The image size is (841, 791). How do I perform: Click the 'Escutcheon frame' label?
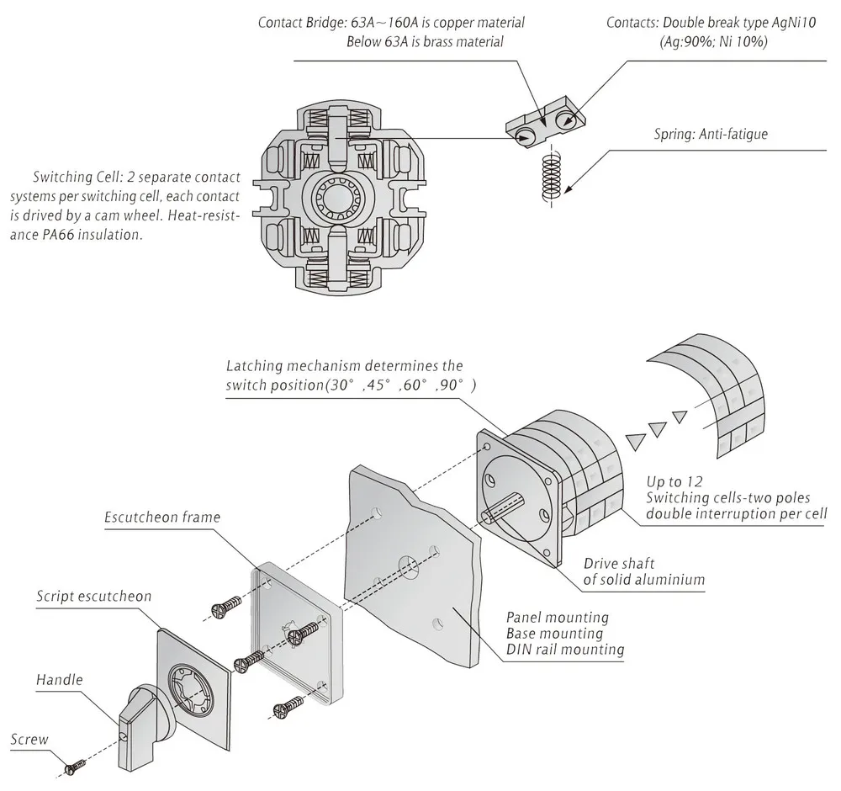coord(162,517)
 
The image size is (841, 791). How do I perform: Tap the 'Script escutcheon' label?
coord(94,597)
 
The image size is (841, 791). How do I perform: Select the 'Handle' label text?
coord(60,680)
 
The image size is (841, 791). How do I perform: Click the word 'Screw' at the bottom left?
coord(29,740)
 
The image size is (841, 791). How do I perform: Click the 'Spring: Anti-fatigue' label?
coord(711,134)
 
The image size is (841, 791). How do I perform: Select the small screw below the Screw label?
coord(76,767)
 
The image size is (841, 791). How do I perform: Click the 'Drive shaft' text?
coord(619,564)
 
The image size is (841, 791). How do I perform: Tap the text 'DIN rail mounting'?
coord(565,650)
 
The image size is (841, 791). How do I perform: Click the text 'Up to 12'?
coord(674,481)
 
